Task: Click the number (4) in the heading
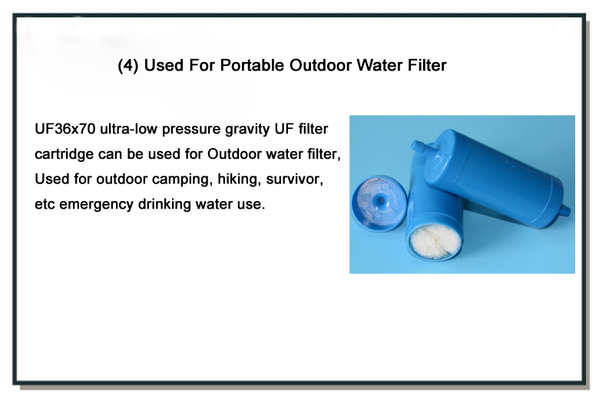(x=128, y=66)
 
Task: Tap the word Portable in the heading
(x=252, y=65)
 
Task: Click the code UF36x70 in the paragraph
(x=65, y=129)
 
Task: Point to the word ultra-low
(x=129, y=129)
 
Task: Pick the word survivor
(x=295, y=179)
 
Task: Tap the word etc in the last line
(x=45, y=204)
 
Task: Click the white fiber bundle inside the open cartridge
(x=435, y=241)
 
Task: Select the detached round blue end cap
(x=379, y=203)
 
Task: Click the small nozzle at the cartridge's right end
(x=565, y=210)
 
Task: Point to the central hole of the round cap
(x=381, y=199)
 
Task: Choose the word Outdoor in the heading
(x=320, y=65)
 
